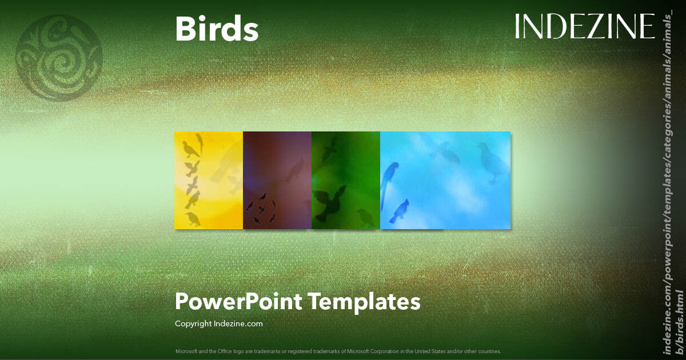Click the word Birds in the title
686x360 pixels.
pos(217,29)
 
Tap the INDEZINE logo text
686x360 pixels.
pos(584,26)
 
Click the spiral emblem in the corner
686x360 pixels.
pos(59,58)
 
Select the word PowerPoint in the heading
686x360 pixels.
pos(239,301)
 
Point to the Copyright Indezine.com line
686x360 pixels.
pos(219,323)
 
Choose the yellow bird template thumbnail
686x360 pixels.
pos(209,181)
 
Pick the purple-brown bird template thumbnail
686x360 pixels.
pos(277,181)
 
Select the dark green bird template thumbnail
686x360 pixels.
pos(346,181)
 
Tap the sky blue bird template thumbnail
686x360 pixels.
pos(445,181)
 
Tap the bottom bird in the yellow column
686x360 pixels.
pos(193,218)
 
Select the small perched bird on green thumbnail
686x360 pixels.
pos(364,216)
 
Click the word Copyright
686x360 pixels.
pos(193,323)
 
